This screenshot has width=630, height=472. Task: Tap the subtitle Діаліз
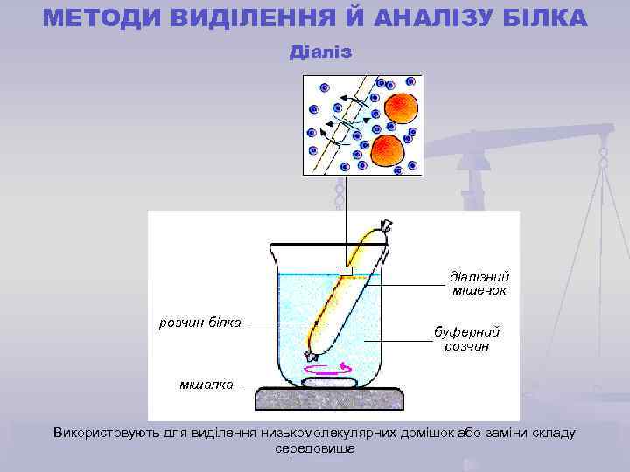coord(320,52)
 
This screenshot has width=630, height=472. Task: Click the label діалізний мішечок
coord(479,282)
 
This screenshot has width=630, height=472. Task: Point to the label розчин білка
coord(199,322)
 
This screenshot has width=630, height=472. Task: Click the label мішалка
coord(206,385)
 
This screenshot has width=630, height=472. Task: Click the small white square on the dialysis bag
coord(346,272)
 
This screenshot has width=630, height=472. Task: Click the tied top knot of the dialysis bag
coord(383,228)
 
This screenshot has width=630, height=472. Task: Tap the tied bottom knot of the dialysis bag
coord(309,355)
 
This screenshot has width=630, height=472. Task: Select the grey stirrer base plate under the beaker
coord(330,399)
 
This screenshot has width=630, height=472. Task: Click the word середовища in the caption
coord(315,448)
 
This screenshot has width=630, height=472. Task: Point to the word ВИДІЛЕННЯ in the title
coord(231,17)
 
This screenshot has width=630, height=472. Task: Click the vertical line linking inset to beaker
coord(346,219)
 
